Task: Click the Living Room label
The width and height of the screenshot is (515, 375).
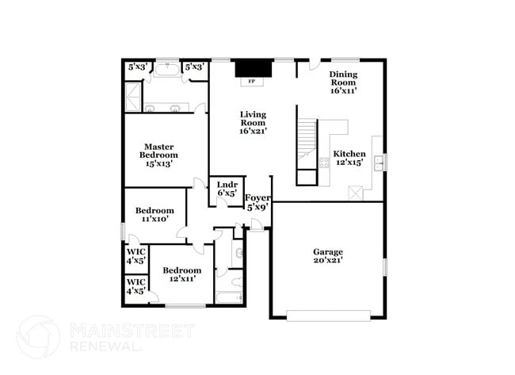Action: pyautogui.click(x=253, y=123)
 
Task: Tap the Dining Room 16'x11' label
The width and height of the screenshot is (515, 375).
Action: pyautogui.click(x=343, y=82)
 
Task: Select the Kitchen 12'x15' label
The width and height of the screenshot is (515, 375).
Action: pyautogui.click(x=349, y=158)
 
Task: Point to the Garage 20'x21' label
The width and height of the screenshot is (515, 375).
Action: pyautogui.click(x=328, y=256)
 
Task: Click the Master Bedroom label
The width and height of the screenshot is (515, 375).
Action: pyautogui.click(x=158, y=155)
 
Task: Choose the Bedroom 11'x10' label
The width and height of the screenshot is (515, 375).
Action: pyautogui.click(x=154, y=214)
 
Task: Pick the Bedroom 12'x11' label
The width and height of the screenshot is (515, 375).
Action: pyautogui.click(x=182, y=274)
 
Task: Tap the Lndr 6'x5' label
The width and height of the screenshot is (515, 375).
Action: pyautogui.click(x=227, y=189)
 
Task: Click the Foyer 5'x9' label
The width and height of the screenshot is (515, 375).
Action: pyautogui.click(x=258, y=202)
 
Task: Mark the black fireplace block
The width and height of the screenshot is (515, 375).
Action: pyautogui.click(x=254, y=68)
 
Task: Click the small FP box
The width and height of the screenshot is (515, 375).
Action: pyautogui.click(x=252, y=82)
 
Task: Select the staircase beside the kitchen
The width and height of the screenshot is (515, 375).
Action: pyautogui.click(x=307, y=144)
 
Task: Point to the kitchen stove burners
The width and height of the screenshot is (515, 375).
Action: pyautogui.click(x=324, y=163)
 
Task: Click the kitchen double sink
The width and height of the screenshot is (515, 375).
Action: pyautogui.click(x=380, y=163)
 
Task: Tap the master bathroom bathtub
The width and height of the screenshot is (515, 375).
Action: pyautogui.click(x=167, y=70)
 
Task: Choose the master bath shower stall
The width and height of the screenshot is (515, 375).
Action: pyautogui.click(x=133, y=98)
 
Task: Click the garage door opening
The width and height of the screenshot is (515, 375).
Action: pyautogui.click(x=329, y=316)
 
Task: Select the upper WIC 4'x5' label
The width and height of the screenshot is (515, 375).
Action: pyautogui.click(x=136, y=256)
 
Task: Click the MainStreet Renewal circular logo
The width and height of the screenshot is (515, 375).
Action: pyautogui.click(x=39, y=337)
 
